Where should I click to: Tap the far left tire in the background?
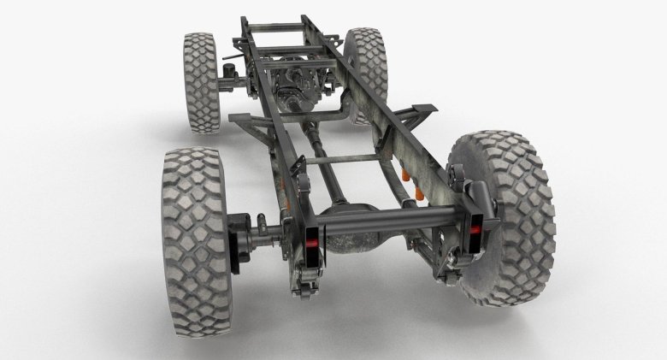pyautogui.click(x=202, y=82)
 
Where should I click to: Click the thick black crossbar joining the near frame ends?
pyautogui.click(x=389, y=220)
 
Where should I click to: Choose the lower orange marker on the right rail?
pyautogui.click(x=420, y=197)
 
